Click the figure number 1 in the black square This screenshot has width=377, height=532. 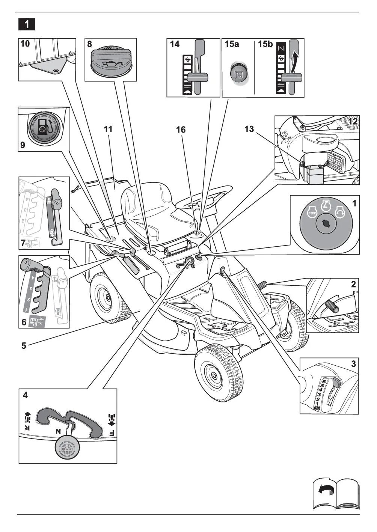(26, 24)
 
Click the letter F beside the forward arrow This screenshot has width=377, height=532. (112, 433)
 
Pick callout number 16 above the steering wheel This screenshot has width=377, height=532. (181, 130)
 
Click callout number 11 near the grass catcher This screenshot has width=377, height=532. (108, 129)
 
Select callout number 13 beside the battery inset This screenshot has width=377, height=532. (249, 129)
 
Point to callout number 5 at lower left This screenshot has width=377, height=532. (24, 346)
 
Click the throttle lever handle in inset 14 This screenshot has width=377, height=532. (198, 78)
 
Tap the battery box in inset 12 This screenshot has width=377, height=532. (314, 175)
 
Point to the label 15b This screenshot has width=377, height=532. (265, 44)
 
